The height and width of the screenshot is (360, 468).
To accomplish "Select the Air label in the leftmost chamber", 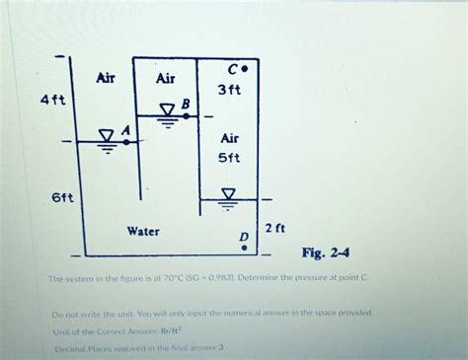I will pos(109,78).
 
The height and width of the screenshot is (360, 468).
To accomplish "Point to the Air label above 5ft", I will pos(229,138).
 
